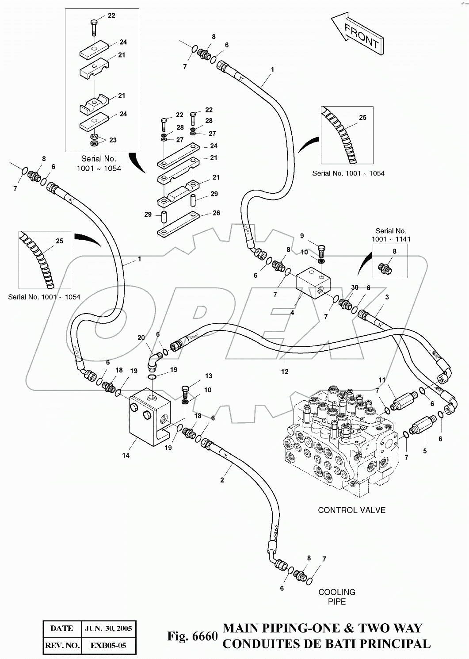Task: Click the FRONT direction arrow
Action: pyautogui.click(x=358, y=36)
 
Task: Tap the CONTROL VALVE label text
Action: pyautogui.click(x=351, y=510)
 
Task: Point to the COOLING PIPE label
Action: pyautogui.click(x=337, y=597)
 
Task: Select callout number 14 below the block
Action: pyautogui.click(x=126, y=455)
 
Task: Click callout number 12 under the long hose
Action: pyautogui.click(x=285, y=372)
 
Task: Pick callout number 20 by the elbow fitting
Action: pyautogui.click(x=141, y=338)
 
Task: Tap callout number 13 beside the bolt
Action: pyautogui.click(x=209, y=376)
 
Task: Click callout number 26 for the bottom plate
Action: pyautogui.click(x=216, y=213)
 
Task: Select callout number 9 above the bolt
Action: pyautogui.click(x=302, y=236)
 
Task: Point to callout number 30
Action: pyautogui.click(x=355, y=287)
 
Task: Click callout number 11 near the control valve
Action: pyautogui.click(x=382, y=380)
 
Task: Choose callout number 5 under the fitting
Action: pyautogui.click(x=425, y=452)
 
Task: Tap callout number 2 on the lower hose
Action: pyautogui.click(x=222, y=480)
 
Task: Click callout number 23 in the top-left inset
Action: pyautogui.click(x=113, y=140)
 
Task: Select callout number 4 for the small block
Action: pyautogui.click(x=292, y=313)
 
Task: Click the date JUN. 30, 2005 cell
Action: pyautogui.click(x=108, y=628)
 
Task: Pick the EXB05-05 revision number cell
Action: pyautogui.click(x=108, y=645)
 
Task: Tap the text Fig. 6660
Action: pyautogui.click(x=192, y=636)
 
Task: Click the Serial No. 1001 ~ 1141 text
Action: pyautogui.click(x=391, y=235)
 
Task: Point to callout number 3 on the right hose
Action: pyautogui.click(x=387, y=297)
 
